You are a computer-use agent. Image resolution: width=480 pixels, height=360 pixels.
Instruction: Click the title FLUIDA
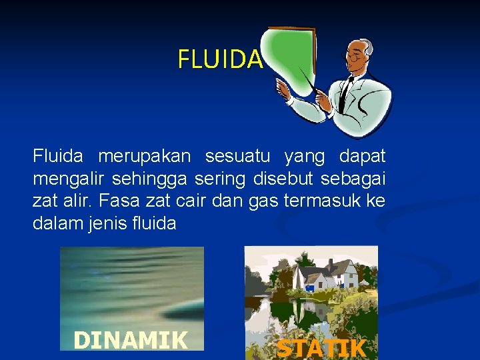tap(220, 59)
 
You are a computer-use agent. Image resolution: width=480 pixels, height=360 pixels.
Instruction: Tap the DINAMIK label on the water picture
tap(131, 340)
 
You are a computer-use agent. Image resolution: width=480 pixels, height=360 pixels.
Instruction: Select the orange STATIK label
tap(321, 348)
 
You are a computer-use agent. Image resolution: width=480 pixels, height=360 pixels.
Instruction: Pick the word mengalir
tap(69, 179)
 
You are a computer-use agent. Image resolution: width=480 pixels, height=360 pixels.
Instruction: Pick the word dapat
tap(362, 157)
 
